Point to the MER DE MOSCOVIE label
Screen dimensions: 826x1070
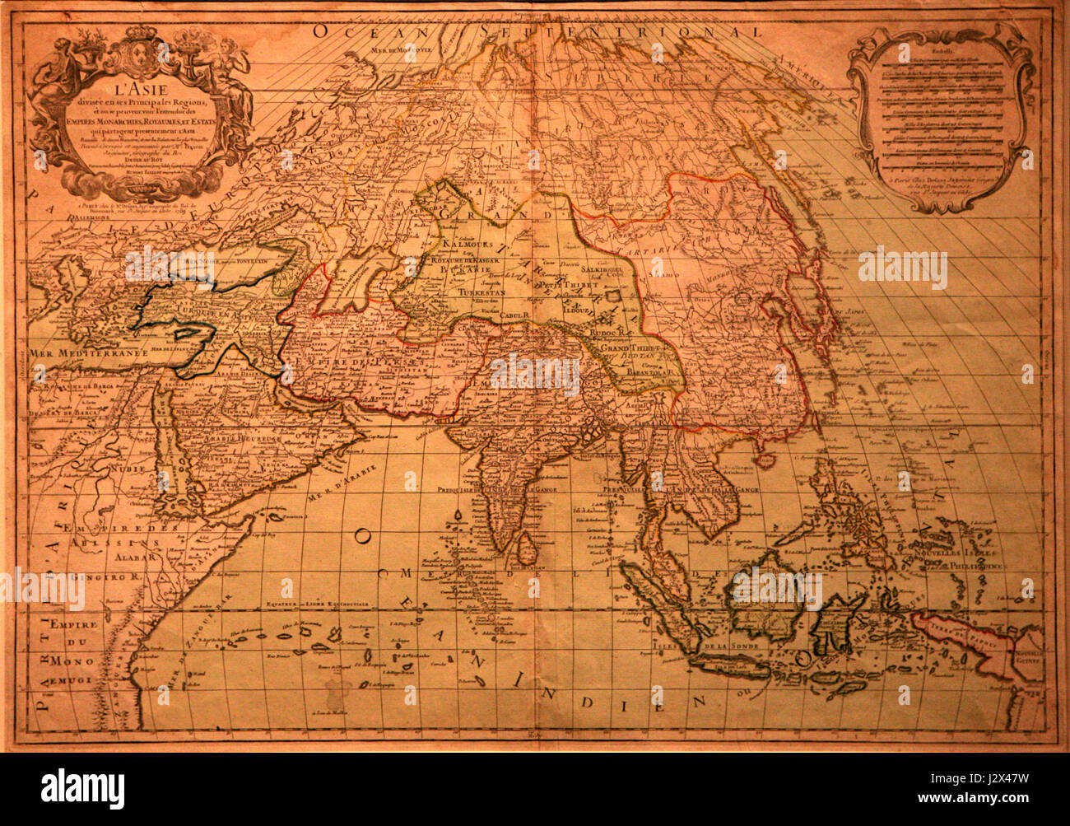pyautogui.click(x=404, y=49)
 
